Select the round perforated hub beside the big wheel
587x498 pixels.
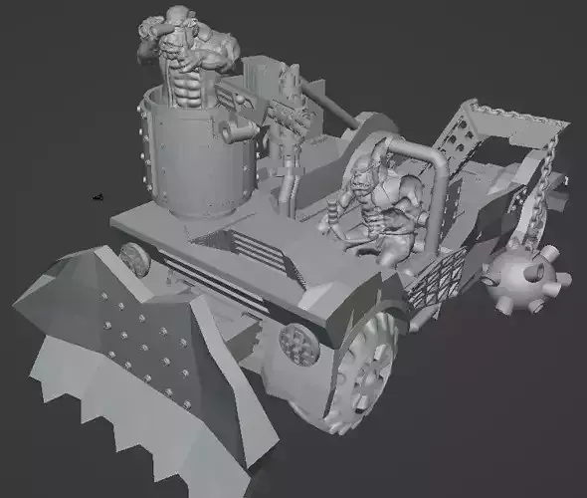click(295, 345)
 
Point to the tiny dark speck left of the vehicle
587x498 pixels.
click(96, 197)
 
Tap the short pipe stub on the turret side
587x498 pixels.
click(237, 131)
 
